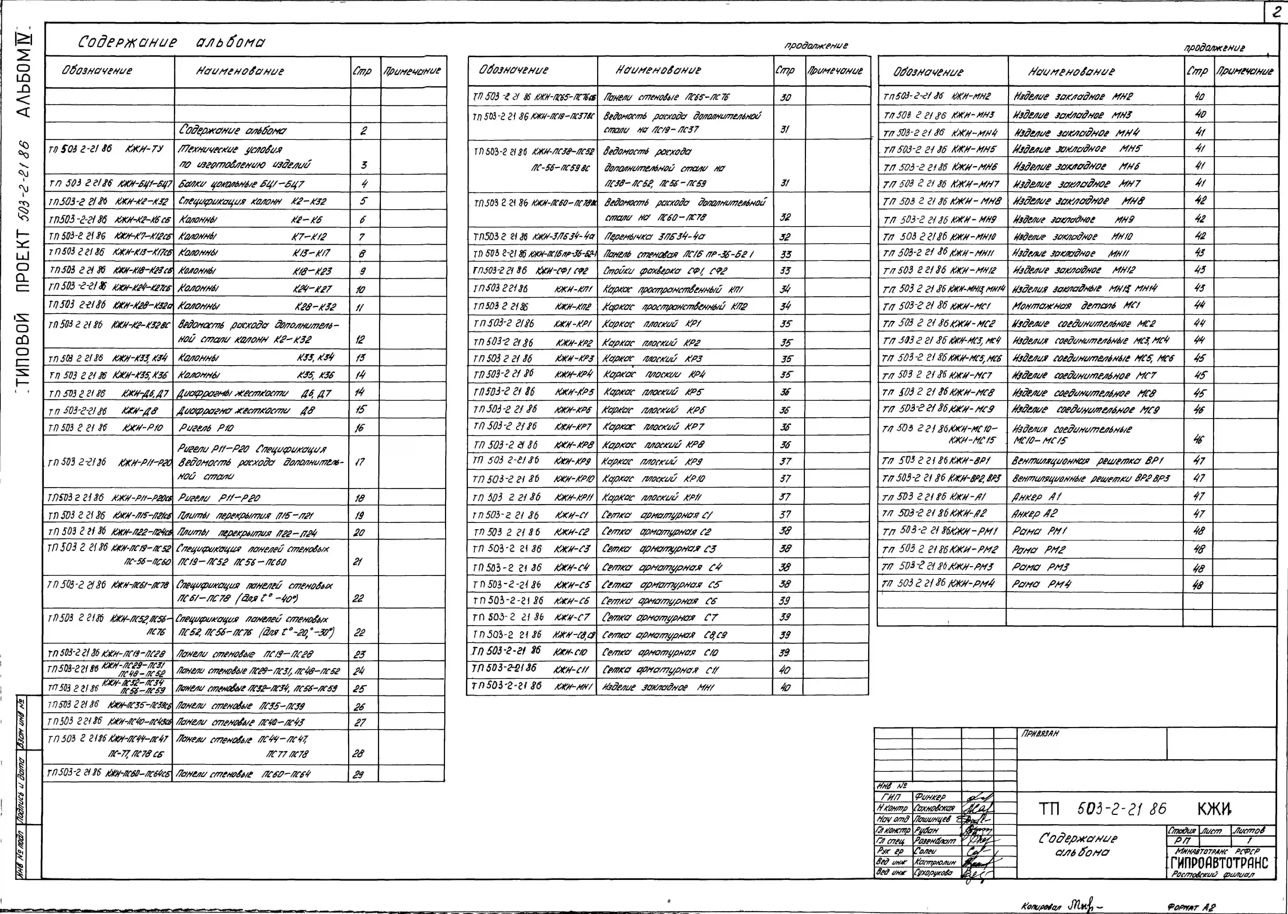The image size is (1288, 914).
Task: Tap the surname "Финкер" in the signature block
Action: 930,797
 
